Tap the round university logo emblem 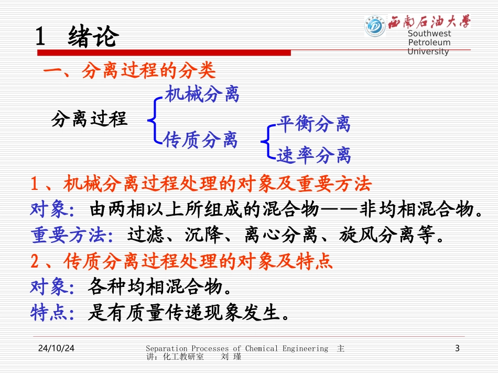point(375,26)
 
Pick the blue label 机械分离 point(202,95)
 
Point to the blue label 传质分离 point(200,140)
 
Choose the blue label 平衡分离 point(313,124)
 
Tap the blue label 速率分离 point(313,155)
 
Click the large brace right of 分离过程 point(154,119)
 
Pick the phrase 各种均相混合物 point(156,287)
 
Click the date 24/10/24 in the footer point(56,348)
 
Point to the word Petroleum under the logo point(429,42)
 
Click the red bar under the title point(163,52)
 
